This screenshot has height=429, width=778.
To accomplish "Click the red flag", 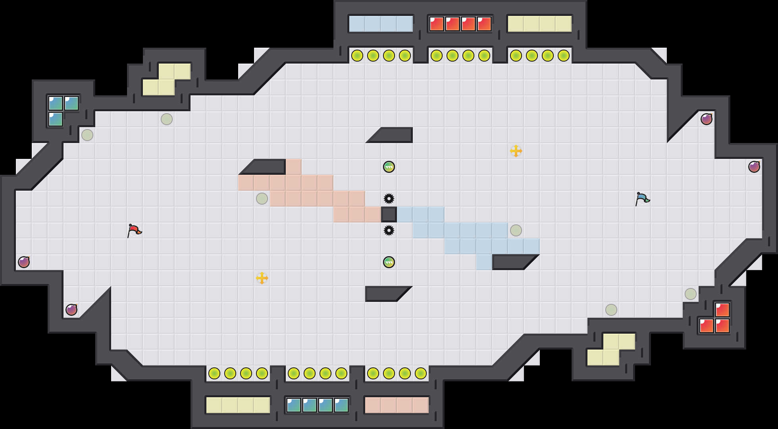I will [x=134, y=230].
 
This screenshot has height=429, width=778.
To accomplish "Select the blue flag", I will [x=642, y=199].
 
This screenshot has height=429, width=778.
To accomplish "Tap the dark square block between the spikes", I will [x=389, y=214].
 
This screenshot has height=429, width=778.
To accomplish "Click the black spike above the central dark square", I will [x=389, y=199].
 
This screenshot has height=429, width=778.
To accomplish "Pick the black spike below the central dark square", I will [x=389, y=230].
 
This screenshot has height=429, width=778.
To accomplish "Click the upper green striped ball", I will [x=389, y=167].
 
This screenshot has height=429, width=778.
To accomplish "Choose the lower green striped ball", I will [x=389, y=262].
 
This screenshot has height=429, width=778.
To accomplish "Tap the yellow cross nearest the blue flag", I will [x=516, y=151].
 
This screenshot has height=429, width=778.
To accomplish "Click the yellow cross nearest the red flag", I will [x=262, y=278].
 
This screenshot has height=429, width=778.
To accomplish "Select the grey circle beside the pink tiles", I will [x=262, y=199].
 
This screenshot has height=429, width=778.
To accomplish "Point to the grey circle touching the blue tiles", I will [x=516, y=230].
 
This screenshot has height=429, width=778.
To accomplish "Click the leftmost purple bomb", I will [x=24, y=262].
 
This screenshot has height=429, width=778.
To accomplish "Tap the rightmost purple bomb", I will [x=754, y=167].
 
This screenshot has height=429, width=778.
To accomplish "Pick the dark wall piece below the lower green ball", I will [x=385, y=294].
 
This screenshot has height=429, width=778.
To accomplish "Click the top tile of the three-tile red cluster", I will [x=722, y=310].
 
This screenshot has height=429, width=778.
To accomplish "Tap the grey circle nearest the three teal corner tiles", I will [x=87, y=135].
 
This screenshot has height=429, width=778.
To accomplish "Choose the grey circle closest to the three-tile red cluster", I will [x=691, y=294].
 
